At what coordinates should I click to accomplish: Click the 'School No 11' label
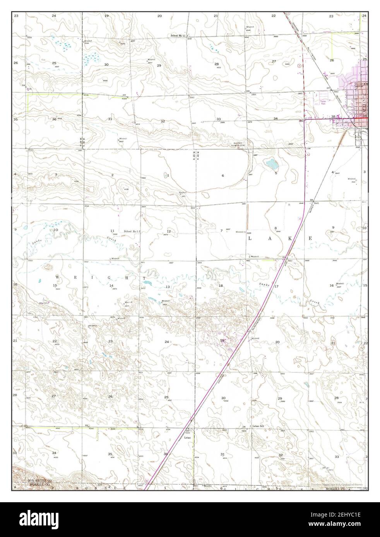tap(178, 36)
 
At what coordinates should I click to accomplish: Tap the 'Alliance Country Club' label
tap(239, 144)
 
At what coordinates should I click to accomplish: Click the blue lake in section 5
tap(272, 165)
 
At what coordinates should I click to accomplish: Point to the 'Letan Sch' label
tap(258, 426)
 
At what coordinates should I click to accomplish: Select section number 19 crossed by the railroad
tap(222, 340)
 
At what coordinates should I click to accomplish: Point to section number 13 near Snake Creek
tap(168, 287)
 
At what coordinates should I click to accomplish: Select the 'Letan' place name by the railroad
tap(187, 438)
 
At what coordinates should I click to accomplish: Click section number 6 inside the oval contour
tap(223, 176)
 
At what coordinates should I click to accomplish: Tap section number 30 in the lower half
tap(223, 398)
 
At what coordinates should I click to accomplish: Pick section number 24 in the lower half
tap(167, 342)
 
